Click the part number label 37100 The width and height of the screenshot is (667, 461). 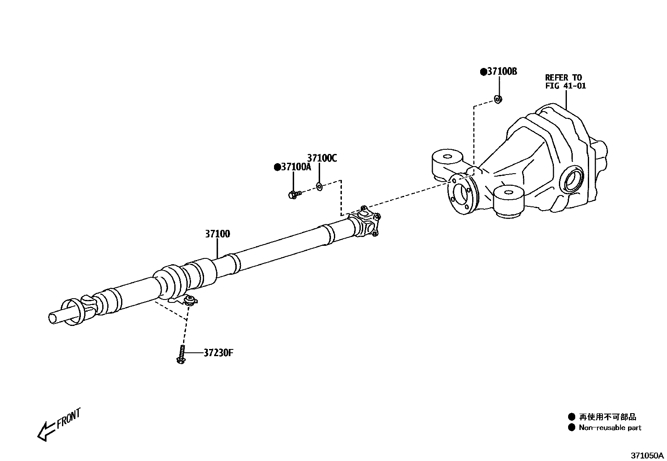point(217,234)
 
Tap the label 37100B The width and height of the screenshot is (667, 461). point(501,72)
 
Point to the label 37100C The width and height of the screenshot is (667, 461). point(322,158)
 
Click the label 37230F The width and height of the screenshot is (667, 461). point(218,353)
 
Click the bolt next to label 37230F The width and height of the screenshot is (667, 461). point(181,355)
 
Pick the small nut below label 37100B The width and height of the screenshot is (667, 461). point(498,99)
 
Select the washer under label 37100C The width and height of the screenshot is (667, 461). point(318,186)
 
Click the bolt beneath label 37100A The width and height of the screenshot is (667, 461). point(295,194)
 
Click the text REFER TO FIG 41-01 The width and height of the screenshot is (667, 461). point(565,81)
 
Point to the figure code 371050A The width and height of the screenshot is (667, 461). point(647,455)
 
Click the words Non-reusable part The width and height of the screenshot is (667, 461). point(610,428)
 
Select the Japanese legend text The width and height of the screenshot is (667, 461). point(608,417)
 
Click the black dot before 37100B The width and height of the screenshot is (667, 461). point(483,72)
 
